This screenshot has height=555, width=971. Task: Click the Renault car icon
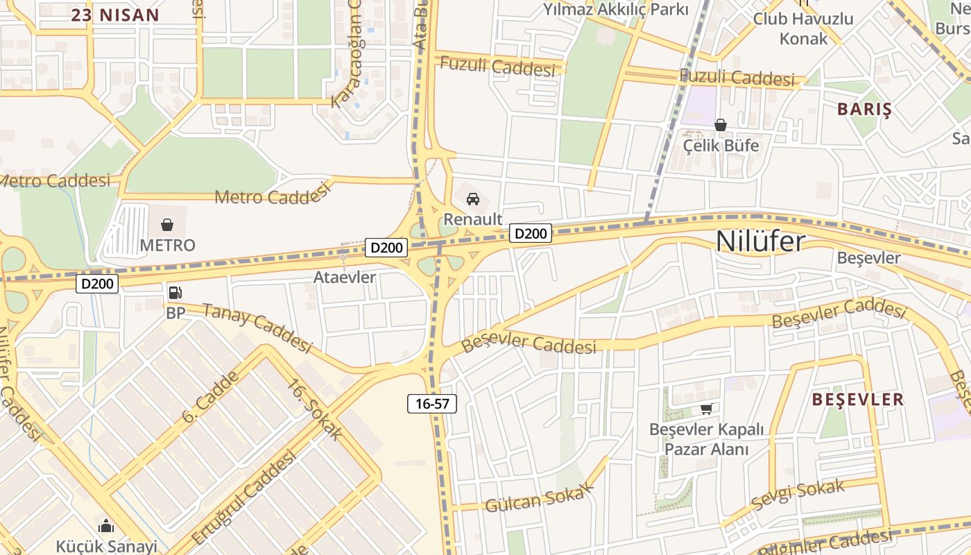click(473, 199)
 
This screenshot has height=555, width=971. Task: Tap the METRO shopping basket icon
click(167, 225)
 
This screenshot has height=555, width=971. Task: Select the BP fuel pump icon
click(175, 293)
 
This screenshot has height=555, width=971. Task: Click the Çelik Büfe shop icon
click(721, 125)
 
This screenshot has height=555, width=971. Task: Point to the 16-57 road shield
click(431, 404)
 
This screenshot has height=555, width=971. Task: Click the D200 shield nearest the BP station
click(97, 283)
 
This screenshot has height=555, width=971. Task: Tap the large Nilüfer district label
click(760, 241)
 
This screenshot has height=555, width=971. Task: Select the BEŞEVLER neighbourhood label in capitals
click(857, 400)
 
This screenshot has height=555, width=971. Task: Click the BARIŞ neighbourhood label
click(863, 109)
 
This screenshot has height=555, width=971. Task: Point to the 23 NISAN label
click(115, 15)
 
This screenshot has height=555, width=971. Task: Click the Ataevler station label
click(345, 277)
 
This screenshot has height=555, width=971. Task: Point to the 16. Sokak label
click(315, 409)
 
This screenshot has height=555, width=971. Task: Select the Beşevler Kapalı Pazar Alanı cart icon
click(706, 409)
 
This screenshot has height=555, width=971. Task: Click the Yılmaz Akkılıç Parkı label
click(615, 9)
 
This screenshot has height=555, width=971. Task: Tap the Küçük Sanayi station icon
click(106, 526)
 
